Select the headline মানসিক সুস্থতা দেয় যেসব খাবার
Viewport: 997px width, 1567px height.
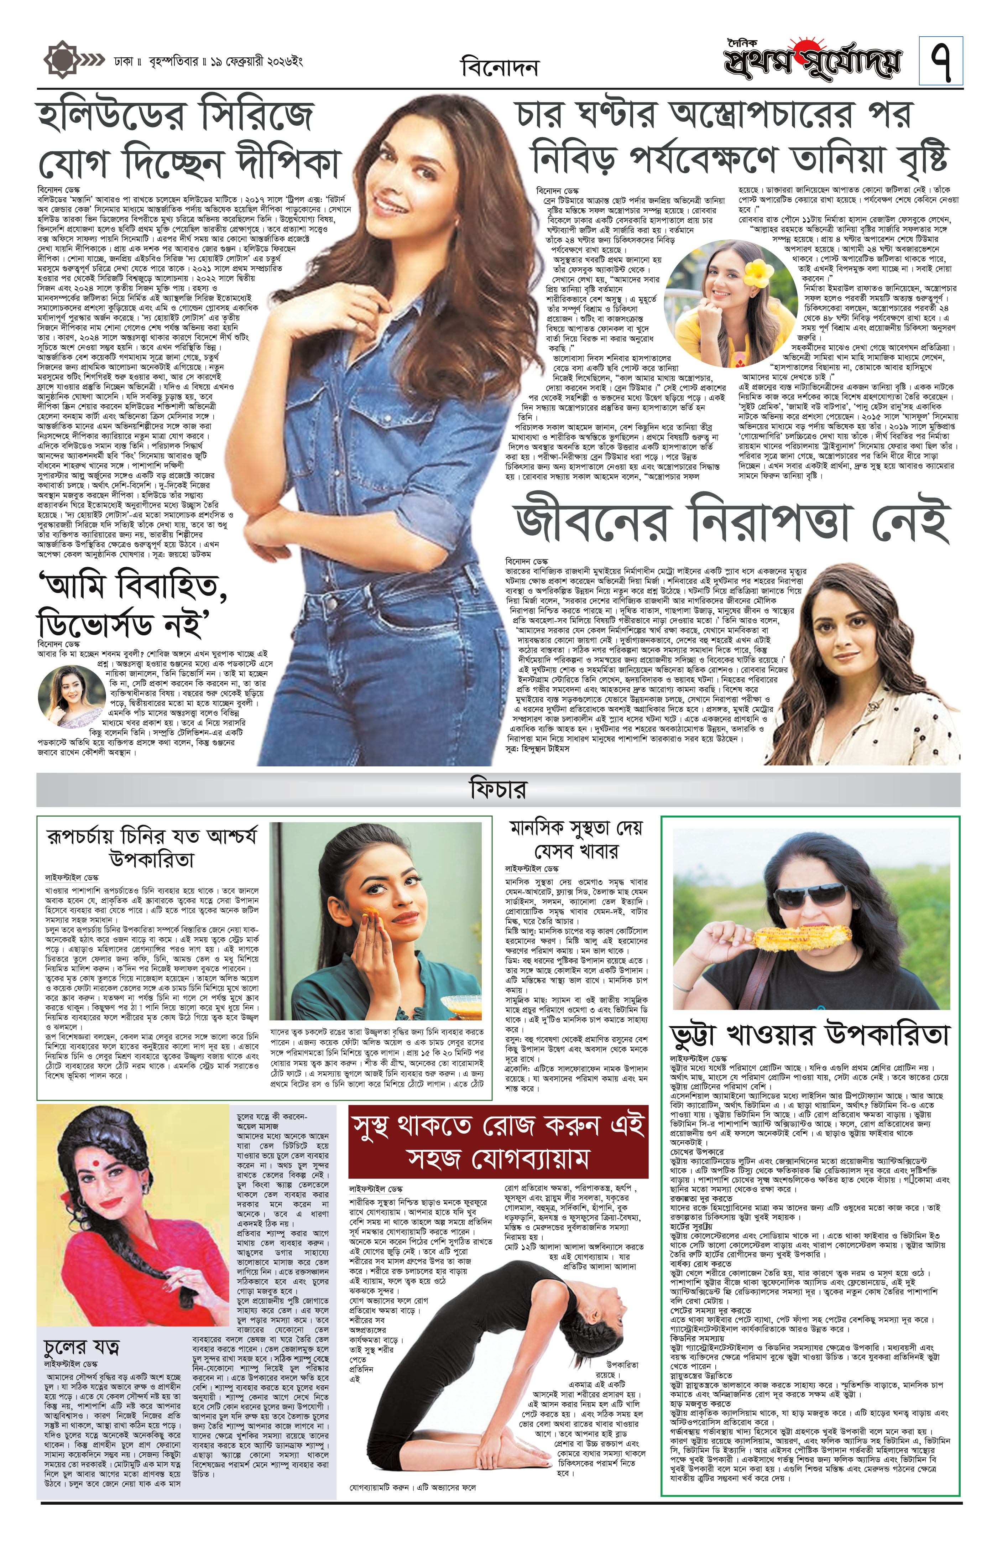576,839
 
